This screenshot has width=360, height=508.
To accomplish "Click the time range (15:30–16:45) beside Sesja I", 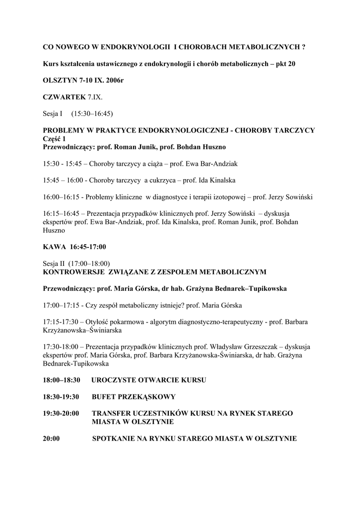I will click(x=92, y=114).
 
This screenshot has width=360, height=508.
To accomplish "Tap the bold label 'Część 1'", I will click(x=55, y=139).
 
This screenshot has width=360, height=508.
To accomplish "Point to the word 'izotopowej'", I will click(x=231, y=197).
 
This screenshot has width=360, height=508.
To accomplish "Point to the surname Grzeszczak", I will click(x=270, y=346).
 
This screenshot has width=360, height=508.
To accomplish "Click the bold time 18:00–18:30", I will click(x=62, y=380).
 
